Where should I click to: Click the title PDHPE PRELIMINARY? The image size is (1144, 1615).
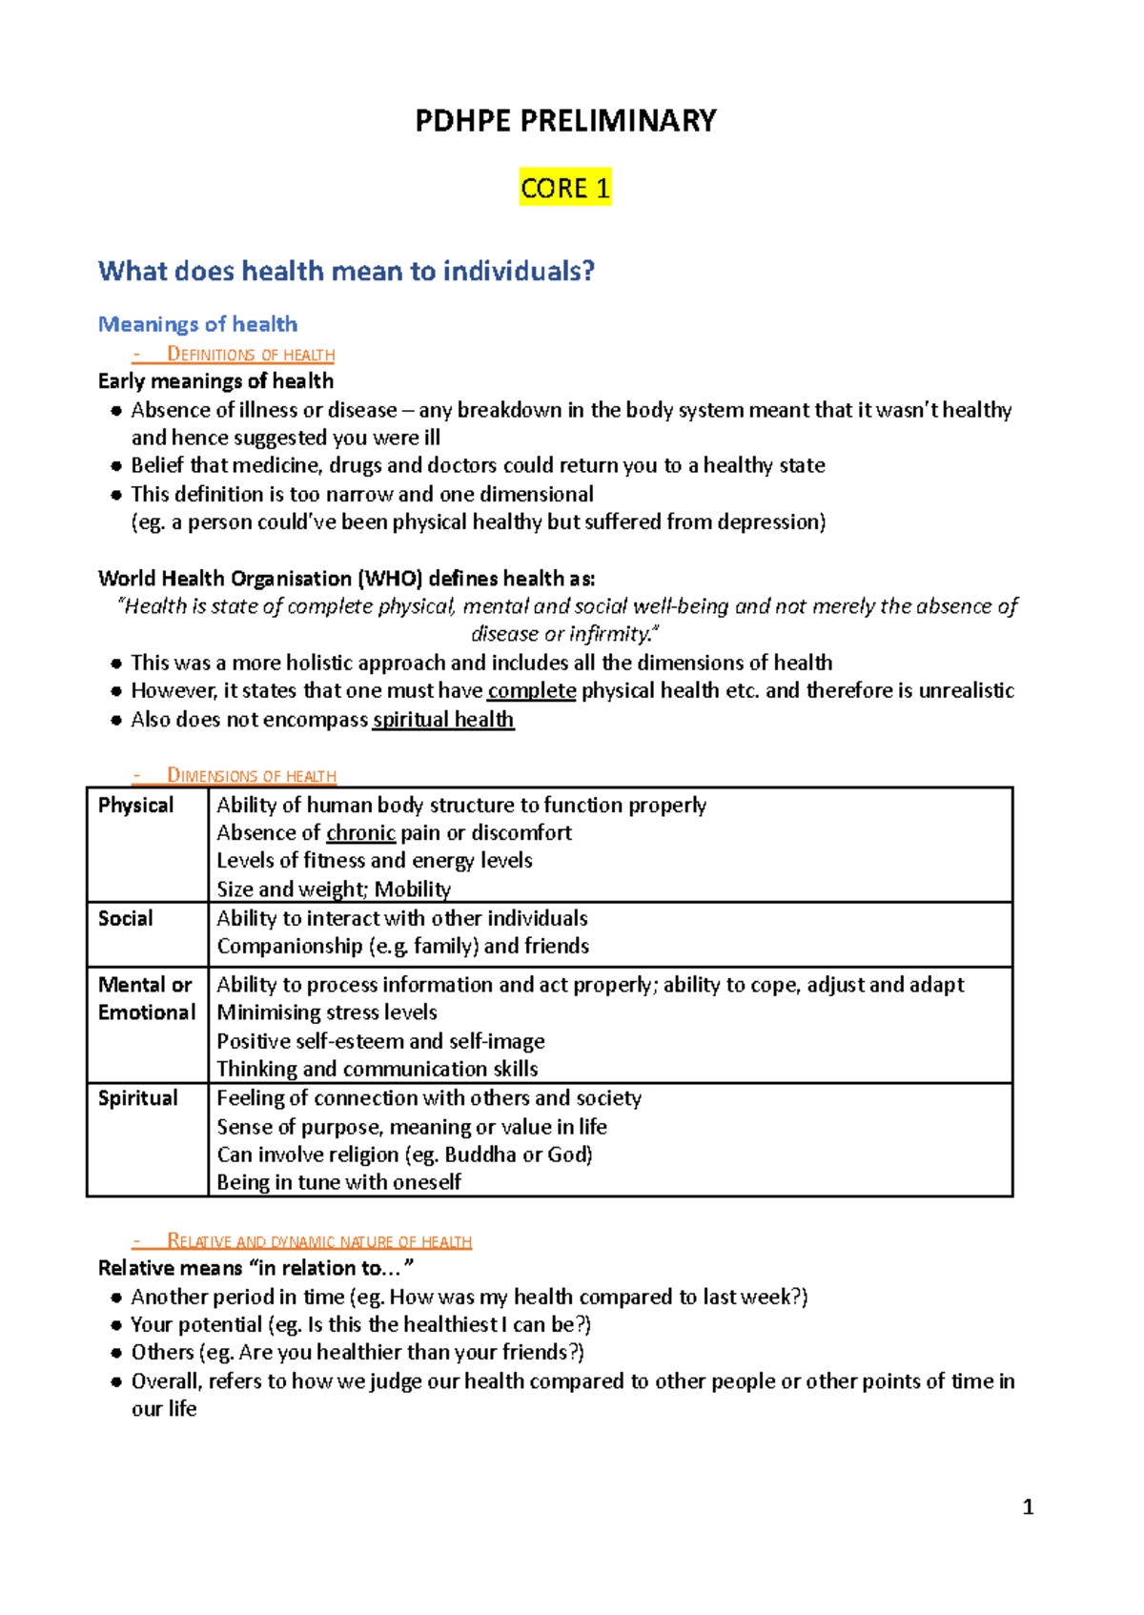click(x=565, y=121)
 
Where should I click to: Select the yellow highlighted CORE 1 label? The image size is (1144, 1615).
click(x=565, y=188)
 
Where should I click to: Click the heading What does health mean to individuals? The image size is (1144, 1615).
click(x=346, y=271)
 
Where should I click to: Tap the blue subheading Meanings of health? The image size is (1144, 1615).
click(x=197, y=324)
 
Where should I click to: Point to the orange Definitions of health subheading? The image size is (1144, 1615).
click(x=250, y=355)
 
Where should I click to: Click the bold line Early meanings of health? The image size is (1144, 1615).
click(x=215, y=381)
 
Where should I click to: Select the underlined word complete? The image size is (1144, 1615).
click(x=531, y=690)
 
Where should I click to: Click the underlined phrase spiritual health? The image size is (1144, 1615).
click(x=443, y=720)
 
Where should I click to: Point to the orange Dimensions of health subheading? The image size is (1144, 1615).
click(x=251, y=776)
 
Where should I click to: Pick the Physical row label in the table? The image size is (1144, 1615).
click(x=135, y=806)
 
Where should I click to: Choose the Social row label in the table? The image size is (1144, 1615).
click(x=125, y=918)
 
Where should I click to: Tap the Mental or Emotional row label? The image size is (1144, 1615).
click(x=146, y=998)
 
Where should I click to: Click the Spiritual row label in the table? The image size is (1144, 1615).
click(x=137, y=1098)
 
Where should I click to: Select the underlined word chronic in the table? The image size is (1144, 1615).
click(x=360, y=833)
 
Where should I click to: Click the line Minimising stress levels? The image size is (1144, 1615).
click(x=327, y=1012)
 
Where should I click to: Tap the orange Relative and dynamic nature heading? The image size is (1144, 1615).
click(x=318, y=1241)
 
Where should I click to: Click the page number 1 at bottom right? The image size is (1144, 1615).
click(x=1028, y=1507)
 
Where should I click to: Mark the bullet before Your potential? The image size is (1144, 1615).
click(x=115, y=1325)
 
